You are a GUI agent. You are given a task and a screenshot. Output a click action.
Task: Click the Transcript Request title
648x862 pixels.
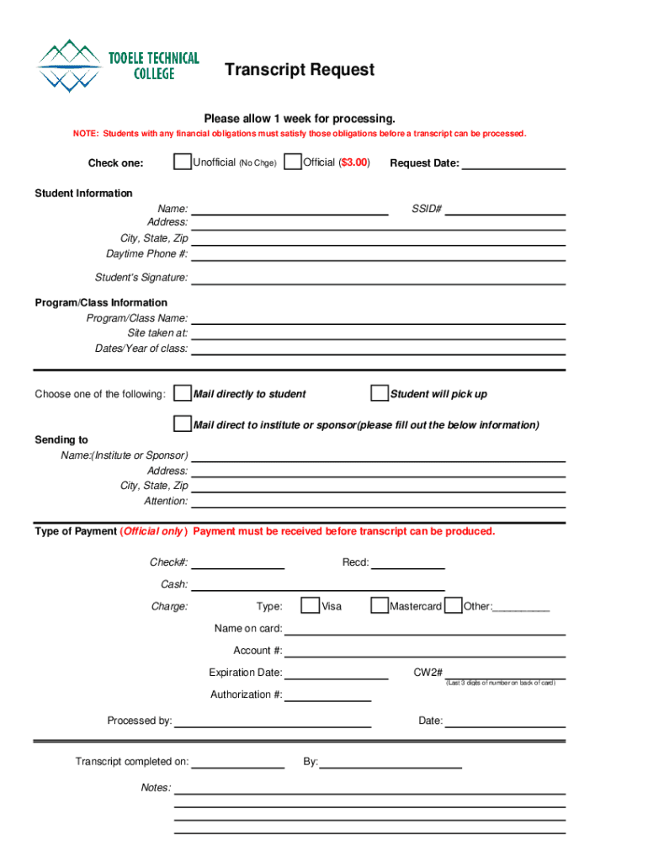click(x=299, y=70)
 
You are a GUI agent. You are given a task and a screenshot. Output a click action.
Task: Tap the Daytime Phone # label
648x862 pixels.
click(x=146, y=254)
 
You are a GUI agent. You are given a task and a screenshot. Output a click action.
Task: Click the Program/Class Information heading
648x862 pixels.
click(x=101, y=303)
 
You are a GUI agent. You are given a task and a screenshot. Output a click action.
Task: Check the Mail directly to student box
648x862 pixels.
click(x=182, y=394)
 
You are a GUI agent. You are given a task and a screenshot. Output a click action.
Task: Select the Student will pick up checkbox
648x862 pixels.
click(x=379, y=394)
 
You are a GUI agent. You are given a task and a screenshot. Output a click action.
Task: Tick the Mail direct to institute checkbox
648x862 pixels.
click(x=182, y=423)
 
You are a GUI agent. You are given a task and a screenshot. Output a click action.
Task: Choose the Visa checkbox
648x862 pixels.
click(x=311, y=606)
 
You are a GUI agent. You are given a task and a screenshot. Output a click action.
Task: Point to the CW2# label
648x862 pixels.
click(x=428, y=673)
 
